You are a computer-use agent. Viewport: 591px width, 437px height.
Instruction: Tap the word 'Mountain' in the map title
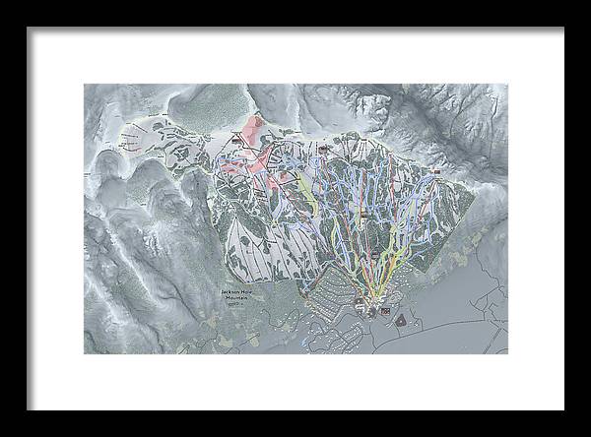click(237, 299)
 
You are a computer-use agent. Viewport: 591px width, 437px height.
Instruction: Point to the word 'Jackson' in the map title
click(232, 292)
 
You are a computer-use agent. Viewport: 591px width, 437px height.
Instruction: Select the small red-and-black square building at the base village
click(385, 312)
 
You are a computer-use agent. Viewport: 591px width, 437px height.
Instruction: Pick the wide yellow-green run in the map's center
click(308, 197)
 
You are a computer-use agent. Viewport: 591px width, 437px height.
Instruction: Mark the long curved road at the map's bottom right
click(463, 335)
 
